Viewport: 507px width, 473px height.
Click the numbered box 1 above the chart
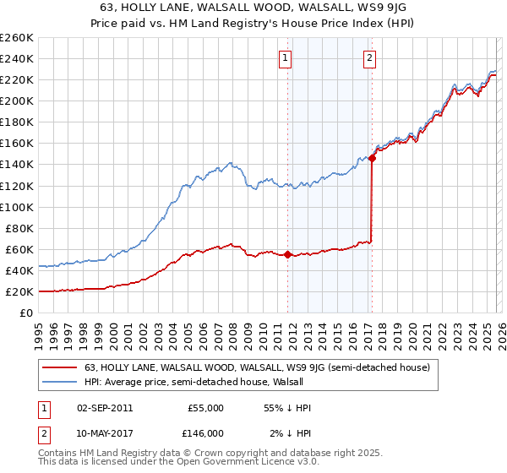pos(286,58)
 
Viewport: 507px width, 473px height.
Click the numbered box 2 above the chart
pos(370,58)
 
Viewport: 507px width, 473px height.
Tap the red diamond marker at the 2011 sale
pos(287,254)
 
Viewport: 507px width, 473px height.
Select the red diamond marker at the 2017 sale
pos(373,158)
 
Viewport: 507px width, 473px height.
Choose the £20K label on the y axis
pos(19,291)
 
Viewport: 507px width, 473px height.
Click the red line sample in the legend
pos(60,367)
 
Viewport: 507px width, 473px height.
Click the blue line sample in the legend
pos(60,382)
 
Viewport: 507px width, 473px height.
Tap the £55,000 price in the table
pos(205,408)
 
